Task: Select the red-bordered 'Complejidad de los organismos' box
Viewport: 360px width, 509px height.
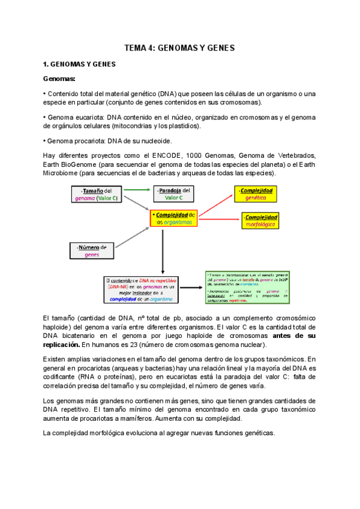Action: point(174,218)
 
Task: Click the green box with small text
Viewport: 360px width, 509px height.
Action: point(247,288)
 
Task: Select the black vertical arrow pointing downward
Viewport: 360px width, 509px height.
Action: point(163,251)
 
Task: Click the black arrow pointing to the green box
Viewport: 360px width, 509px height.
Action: point(190,288)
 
